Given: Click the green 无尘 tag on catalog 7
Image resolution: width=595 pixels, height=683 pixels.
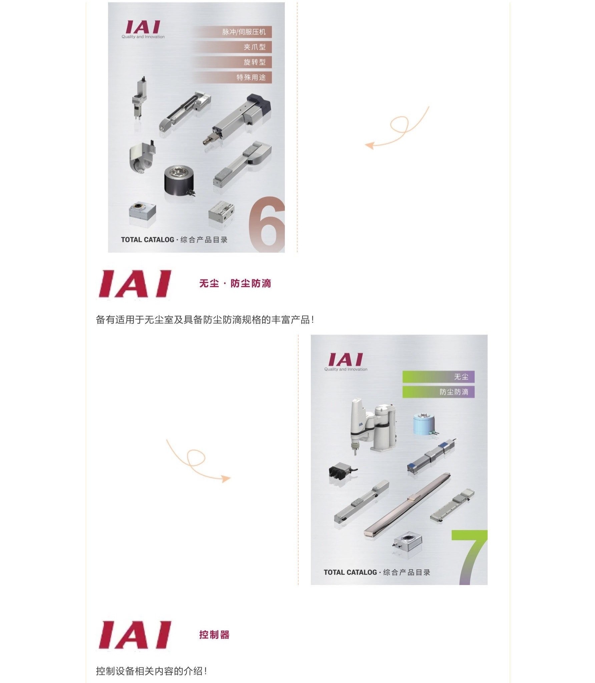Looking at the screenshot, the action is point(438,377).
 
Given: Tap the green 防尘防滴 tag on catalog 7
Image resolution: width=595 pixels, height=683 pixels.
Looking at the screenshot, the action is point(438,392).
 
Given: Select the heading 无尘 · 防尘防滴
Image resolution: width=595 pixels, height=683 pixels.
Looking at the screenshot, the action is point(235,284).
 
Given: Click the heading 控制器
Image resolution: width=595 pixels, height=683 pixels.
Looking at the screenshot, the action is point(214,635).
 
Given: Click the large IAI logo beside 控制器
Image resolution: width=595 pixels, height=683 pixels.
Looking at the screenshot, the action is point(135,635).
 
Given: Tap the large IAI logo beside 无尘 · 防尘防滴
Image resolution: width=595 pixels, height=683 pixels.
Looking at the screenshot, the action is point(135,284).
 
